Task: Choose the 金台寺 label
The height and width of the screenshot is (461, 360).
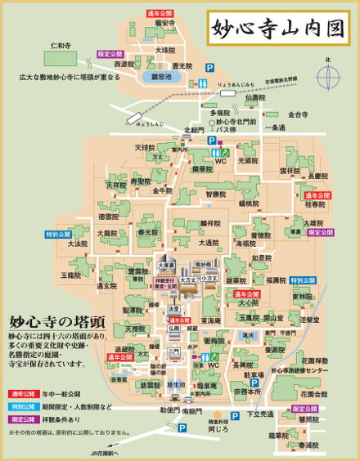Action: click(x=298, y=115)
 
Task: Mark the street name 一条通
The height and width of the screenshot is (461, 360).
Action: click(x=275, y=128)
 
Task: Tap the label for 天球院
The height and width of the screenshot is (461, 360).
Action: click(x=145, y=148)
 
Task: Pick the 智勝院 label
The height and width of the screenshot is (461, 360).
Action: click(x=216, y=195)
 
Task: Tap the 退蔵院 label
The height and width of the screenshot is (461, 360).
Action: click(x=124, y=350)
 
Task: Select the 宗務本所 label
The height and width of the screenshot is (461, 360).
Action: click(x=247, y=391)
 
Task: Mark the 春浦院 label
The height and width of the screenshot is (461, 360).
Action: click(x=308, y=445)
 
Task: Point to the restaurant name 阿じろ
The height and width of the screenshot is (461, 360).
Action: click(x=218, y=427)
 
